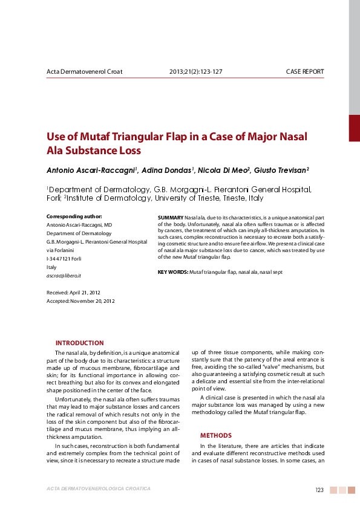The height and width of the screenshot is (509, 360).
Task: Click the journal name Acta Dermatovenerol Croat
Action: pos(85,71)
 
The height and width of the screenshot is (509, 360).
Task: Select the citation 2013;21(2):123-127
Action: pos(195,71)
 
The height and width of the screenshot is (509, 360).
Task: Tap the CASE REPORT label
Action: pos(305,71)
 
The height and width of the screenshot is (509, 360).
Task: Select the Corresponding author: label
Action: pos(74,216)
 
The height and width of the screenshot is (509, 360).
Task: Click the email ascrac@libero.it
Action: pos(64,275)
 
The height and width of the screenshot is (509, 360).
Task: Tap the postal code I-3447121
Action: pos(58,258)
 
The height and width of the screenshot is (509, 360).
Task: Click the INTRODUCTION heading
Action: pos(79,343)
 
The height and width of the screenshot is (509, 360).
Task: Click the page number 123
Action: pos(320,490)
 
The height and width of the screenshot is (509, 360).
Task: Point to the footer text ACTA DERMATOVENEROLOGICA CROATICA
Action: pos(99,488)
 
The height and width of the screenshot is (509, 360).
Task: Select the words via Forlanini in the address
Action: pos(60,250)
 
